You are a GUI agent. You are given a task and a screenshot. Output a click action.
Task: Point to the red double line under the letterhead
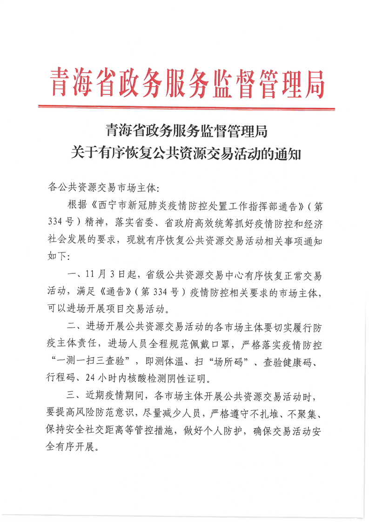186,108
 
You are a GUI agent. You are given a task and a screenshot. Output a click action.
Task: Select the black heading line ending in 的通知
186,152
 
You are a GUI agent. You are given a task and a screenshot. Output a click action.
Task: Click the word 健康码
306,360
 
